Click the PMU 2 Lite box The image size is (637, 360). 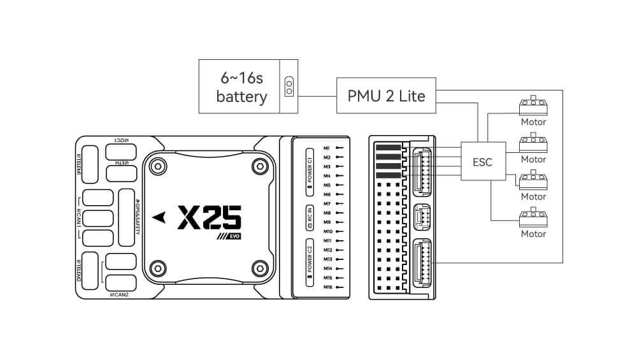tap(387, 96)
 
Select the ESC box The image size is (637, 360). tap(482, 162)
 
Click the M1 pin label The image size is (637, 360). tap(327, 148)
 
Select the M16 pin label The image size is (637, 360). tap(327, 287)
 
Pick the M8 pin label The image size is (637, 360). tap(327, 213)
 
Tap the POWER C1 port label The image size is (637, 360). tap(309, 169)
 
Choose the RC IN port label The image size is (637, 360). tap(309, 216)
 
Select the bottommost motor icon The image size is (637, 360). tap(533, 218)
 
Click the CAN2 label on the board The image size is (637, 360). tap(119, 294)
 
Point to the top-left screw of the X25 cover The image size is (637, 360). tap(157, 165)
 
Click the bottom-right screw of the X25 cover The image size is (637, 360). tap(259, 266)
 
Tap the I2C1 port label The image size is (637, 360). tap(122, 140)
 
